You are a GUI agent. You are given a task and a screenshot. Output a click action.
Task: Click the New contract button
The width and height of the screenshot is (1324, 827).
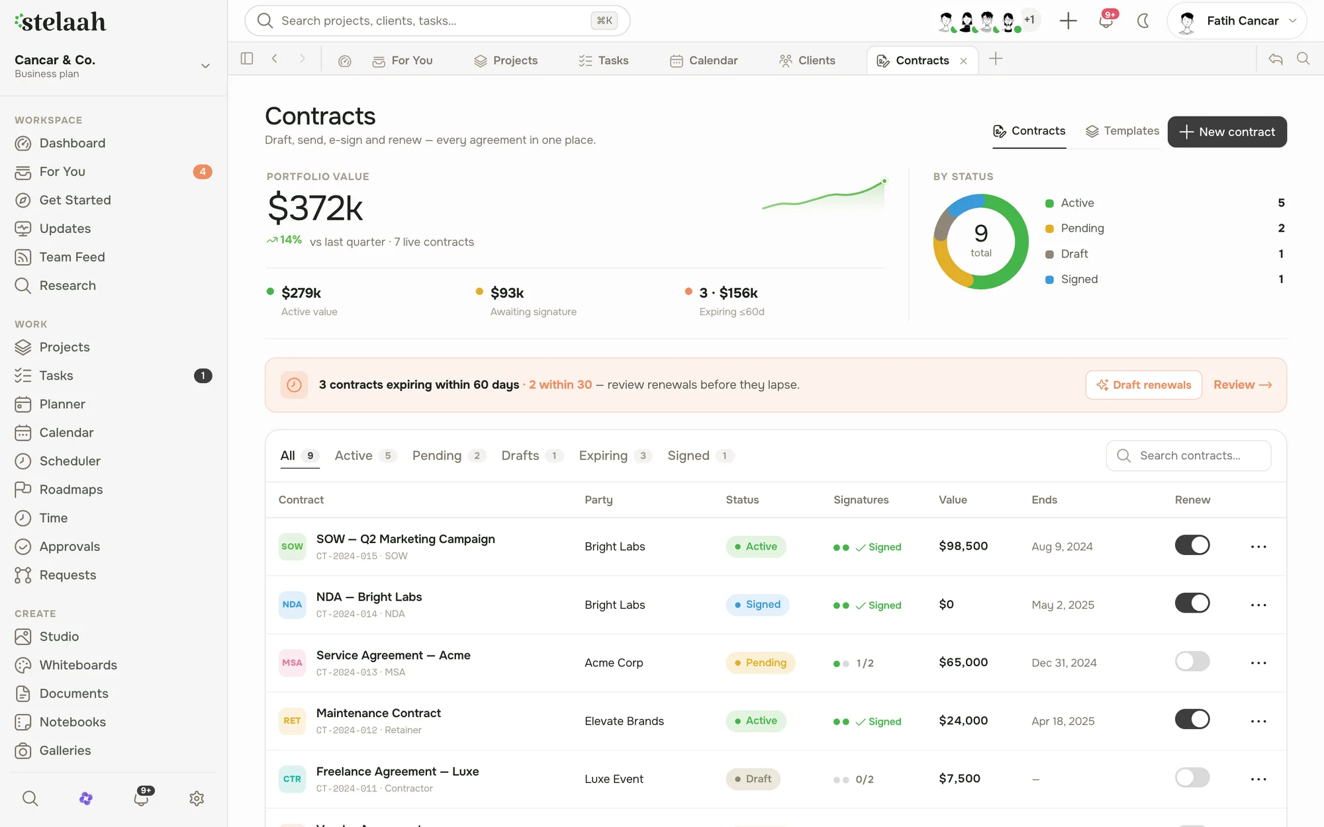tap(1227, 132)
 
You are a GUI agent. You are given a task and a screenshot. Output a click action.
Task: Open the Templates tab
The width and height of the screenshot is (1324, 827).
tap(1123, 131)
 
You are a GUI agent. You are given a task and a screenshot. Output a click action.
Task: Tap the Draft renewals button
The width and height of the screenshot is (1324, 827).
tap(1143, 385)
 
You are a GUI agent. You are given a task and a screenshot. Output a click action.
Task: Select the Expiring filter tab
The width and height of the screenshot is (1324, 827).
tap(615, 455)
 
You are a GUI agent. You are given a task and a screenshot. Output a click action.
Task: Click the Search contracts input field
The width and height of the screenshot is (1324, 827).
tap(1188, 455)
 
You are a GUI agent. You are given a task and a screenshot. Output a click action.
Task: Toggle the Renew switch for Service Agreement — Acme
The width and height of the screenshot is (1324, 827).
tap(1192, 661)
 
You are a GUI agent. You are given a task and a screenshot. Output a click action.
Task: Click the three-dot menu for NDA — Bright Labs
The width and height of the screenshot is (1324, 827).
tap(1258, 605)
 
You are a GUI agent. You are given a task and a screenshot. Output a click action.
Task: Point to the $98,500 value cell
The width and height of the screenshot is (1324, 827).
tap(963, 546)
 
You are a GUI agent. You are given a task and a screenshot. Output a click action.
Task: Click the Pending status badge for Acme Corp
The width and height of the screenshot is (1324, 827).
tap(760, 662)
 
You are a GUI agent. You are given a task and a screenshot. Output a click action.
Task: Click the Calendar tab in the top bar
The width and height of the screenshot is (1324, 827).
tap(704, 60)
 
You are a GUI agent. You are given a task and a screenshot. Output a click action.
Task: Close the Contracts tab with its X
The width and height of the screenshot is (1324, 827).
tap(963, 61)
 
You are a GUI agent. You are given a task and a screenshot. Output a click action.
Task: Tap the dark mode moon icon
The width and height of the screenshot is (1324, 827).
tap(1143, 21)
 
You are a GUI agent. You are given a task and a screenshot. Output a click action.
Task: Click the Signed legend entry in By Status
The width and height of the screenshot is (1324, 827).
tap(1079, 279)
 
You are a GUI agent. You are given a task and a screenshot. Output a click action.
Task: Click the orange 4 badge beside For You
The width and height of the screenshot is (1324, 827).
tap(203, 171)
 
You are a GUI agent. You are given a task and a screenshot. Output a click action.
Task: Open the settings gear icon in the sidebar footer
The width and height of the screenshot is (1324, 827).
tap(197, 799)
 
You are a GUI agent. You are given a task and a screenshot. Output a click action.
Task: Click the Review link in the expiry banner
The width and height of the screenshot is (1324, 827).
tap(1243, 385)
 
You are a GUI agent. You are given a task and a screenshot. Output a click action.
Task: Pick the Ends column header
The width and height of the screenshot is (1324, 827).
tap(1044, 500)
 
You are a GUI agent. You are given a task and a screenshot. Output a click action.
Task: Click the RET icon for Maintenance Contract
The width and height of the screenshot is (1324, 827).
tap(292, 720)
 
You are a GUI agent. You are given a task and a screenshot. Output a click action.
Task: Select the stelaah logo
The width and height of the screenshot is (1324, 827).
tap(60, 22)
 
